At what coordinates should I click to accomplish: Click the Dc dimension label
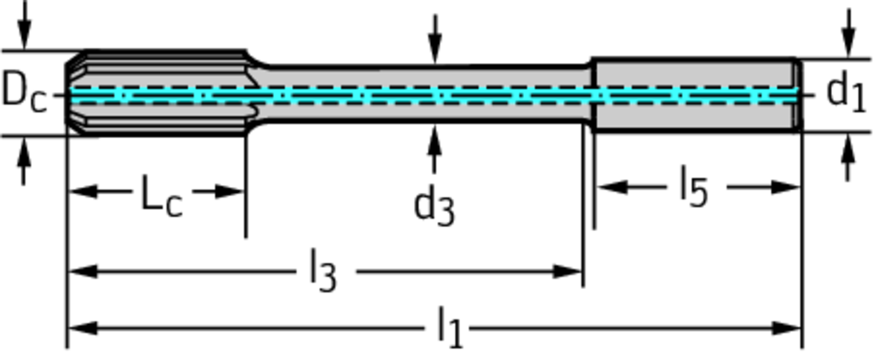[23, 90]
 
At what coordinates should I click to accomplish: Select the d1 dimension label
[846, 91]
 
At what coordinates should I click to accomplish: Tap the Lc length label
[161, 197]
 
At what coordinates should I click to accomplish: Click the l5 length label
[693, 187]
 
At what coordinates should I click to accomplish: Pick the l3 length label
[323, 274]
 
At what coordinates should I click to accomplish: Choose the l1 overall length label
[450, 328]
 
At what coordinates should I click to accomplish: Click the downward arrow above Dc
[24, 34]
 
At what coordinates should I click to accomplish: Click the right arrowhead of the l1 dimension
[789, 328]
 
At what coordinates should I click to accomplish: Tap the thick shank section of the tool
[696, 94]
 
